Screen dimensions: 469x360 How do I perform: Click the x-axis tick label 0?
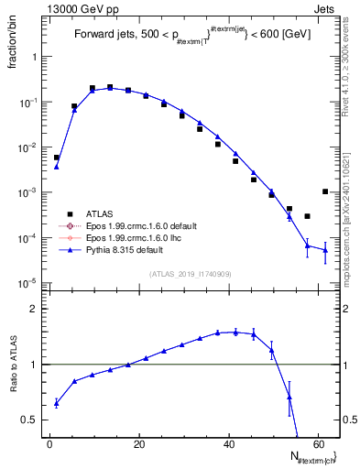point(49,444)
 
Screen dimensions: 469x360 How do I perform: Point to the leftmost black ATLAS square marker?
point(57,158)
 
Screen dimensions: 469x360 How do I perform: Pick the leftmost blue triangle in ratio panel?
point(57,403)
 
